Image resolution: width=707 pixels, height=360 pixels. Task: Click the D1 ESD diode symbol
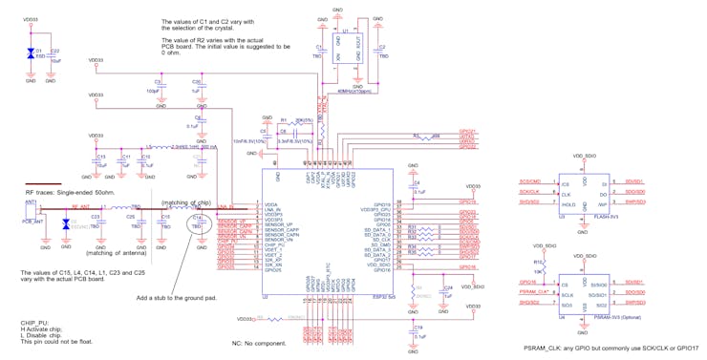pos(31,53)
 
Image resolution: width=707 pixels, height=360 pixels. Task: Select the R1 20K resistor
pos(284,122)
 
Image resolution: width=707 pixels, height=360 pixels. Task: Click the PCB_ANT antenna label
pos(34,221)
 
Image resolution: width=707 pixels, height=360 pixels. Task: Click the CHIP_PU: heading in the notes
pos(34,323)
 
